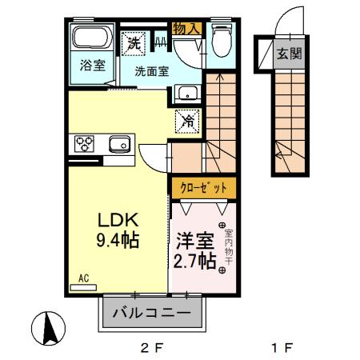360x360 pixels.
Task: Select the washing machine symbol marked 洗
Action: (132, 42)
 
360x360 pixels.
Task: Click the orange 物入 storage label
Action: (187, 28)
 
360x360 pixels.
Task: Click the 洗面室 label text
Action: (151, 70)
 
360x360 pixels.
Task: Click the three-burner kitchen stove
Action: (86, 144)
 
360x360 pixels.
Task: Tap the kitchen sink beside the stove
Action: (119, 145)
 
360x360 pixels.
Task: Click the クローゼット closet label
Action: (203, 187)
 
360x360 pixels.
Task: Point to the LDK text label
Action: (118, 219)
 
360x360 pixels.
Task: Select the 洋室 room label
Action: (196, 240)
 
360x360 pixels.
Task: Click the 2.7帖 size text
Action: (196, 261)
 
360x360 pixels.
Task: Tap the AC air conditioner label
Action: (84, 278)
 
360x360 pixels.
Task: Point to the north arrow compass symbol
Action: (48, 329)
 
